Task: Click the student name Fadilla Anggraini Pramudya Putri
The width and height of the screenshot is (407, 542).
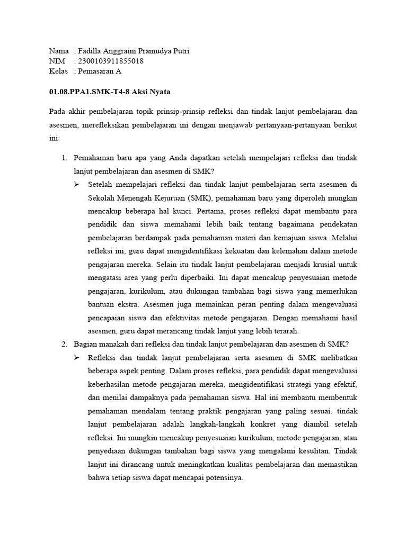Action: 132,51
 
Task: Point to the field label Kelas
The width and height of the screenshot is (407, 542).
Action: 58,71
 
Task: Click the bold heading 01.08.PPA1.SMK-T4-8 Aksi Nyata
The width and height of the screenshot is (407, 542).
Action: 110,92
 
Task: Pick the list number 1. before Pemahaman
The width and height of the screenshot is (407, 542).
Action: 65,158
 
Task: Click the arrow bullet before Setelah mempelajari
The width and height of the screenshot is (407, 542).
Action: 77,184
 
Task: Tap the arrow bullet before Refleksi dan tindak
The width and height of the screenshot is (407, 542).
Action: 77,358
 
